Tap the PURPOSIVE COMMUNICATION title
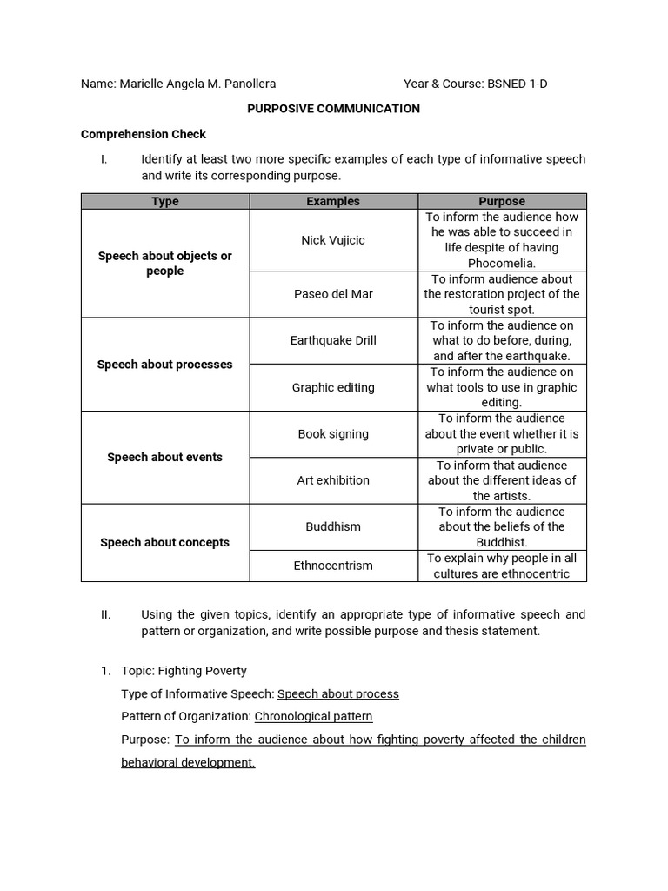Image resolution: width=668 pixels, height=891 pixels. coord(334,109)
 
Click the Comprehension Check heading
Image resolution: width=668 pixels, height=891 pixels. coord(144,134)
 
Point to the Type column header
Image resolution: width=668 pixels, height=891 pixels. coord(165,201)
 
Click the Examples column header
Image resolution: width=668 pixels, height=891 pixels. coord(333,201)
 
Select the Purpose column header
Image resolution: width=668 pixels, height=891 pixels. coord(502,201)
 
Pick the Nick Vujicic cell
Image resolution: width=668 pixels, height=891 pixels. coord(333,239)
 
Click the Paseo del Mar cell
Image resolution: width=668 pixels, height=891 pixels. coord(333,294)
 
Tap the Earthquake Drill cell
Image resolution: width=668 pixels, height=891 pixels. coord(333,340)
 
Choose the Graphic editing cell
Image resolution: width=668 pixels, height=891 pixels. coord(333,387)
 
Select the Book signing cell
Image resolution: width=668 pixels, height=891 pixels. coord(333,433)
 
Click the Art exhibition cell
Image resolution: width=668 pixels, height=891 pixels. coord(333,480)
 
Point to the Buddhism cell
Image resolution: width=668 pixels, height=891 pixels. coord(333,526)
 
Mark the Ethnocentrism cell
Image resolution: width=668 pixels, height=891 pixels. coord(333,566)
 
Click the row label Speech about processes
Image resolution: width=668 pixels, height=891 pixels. coord(165,365)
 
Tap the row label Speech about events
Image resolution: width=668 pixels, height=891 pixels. coord(165,457)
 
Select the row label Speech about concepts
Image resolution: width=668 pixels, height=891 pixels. coord(165,542)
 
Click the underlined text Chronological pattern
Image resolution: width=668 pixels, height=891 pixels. coord(313,716)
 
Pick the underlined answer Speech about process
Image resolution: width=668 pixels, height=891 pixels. coord(338,693)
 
